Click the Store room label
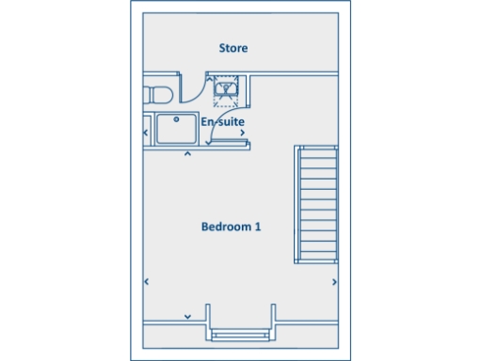(233, 48)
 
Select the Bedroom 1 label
(231, 227)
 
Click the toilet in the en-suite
(157, 93)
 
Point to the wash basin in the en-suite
(226, 89)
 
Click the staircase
(316, 204)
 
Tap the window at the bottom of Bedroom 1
(241, 334)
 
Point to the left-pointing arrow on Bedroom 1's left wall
(146, 281)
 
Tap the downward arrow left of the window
(188, 316)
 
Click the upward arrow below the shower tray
(187, 152)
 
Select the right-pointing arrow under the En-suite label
(243, 133)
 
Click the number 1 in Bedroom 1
(257, 227)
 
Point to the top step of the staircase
(316, 151)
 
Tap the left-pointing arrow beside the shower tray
(145, 133)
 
